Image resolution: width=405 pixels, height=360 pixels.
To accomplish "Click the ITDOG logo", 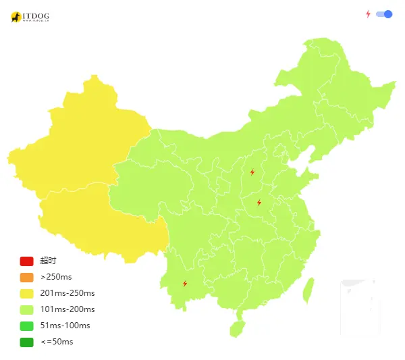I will click(30, 17).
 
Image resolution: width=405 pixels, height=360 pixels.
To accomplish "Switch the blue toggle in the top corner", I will click(384, 14).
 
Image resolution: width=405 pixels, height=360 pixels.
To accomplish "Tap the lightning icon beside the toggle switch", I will click(368, 14).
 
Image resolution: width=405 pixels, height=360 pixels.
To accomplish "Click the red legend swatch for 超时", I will click(26, 261).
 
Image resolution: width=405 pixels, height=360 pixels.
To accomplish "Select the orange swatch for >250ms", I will click(26, 278).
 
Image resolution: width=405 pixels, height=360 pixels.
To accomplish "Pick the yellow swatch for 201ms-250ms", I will click(26, 294).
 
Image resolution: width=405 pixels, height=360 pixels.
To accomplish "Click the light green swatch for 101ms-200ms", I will click(26, 310).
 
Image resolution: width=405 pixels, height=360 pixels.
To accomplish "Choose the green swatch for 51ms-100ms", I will click(26, 326).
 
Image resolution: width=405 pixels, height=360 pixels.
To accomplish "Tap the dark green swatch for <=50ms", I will click(26, 342).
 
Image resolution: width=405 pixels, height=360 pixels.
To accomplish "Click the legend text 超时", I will click(48, 261).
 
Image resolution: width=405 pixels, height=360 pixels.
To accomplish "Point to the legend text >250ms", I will click(56, 277).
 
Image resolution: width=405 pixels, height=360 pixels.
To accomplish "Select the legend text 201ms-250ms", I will click(67, 293).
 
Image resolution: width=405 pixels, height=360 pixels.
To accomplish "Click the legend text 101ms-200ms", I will click(67, 309).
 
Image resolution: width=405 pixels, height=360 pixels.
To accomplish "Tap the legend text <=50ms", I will click(57, 342).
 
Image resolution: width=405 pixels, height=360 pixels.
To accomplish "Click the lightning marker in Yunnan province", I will click(184, 284).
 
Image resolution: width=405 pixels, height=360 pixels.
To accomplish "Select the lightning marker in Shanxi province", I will click(252, 172).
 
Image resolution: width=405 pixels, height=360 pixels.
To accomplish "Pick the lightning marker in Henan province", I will click(259, 203).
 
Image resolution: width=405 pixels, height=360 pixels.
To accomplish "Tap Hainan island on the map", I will click(236, 329).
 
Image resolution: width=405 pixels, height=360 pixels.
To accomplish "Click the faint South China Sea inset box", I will click(358, 307).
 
